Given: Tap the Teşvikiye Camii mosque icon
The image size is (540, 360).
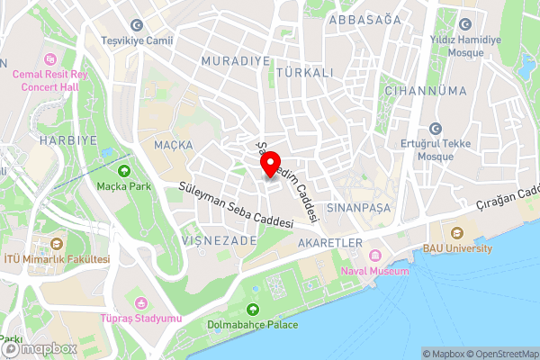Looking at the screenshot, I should pyautogui.click(x=137, y=25).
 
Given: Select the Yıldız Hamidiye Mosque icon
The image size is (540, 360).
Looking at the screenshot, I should pyautogui.click(x=465, y=25).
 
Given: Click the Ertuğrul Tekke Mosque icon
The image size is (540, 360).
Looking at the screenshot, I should pyautogui.click(x=436, y=129).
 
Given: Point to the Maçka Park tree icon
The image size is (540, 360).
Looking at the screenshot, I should pyautogui.click(x=123, y=170).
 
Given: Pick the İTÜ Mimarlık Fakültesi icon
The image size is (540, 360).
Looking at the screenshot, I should pyautogui.click(x=58, y=244).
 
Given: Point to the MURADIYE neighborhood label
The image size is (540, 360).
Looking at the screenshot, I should pyautogui.click(x=237, y=59).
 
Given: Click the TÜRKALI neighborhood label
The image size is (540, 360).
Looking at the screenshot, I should pyautogui.click(x=305, y=71).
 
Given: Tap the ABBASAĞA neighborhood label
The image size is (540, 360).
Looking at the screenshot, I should pyautogui.click(x=364, y=19).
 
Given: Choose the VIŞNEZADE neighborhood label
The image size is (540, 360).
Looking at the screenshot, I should pyautogui.click(x=220, y=240).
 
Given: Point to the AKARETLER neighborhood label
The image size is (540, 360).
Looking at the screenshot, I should pyautogui.click(x=331, y=243).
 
